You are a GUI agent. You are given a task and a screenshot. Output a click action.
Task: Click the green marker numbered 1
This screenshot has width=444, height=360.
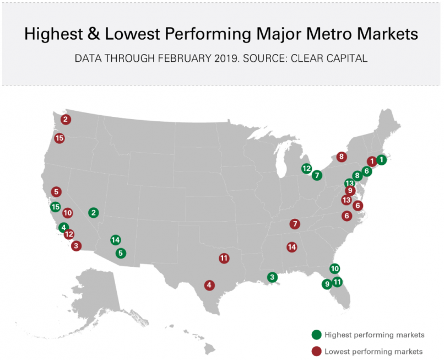tap(381, 161)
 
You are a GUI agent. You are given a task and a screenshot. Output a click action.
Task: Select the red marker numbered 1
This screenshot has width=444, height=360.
tap(372, 162)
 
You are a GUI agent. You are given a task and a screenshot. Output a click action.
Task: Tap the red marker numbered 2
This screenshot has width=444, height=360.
tap(66, 119)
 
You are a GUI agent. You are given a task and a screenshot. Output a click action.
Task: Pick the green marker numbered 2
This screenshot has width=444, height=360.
tap(94, 212)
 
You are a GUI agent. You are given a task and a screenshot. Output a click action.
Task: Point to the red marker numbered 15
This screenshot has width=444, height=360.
tap(59, 138)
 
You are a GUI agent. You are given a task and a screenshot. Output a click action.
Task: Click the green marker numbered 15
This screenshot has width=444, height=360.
tap(55, 207)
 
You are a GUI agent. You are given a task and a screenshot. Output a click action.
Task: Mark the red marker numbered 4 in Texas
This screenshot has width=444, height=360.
tap(209, 285)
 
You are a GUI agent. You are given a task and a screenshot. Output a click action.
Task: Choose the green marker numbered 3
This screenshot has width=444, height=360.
tap(272, 277)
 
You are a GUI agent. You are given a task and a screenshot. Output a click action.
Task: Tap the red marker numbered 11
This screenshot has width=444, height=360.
tap(224, 257)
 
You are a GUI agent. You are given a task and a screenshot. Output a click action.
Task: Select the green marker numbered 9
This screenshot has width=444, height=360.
tap(327, 284)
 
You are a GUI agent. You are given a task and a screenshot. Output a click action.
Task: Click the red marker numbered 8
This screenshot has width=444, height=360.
tap(342, 157)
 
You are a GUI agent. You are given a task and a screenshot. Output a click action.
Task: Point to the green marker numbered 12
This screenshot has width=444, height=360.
tap(307, 169)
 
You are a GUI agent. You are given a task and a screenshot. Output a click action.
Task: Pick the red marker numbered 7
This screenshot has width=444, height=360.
tap(295, 224)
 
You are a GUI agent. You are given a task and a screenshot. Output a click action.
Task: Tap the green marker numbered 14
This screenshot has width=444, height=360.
tap(115, 240)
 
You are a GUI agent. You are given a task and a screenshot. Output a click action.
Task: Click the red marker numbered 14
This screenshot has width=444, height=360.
tap(291, 247)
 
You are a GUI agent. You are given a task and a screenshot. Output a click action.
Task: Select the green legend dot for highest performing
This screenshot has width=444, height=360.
tap(316, 335)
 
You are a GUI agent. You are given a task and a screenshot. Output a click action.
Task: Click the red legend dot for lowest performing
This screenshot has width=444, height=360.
tap(316, 351)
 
